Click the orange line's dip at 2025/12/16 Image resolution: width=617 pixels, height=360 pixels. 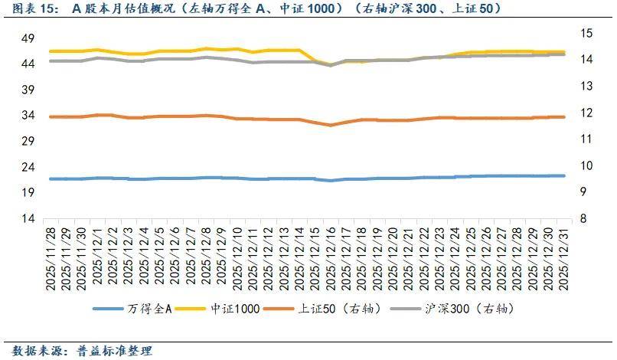[x=331, y=125]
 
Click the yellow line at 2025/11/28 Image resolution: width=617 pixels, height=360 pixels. [x=50, y=51]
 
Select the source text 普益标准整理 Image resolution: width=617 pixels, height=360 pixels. [x=114, y=351]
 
